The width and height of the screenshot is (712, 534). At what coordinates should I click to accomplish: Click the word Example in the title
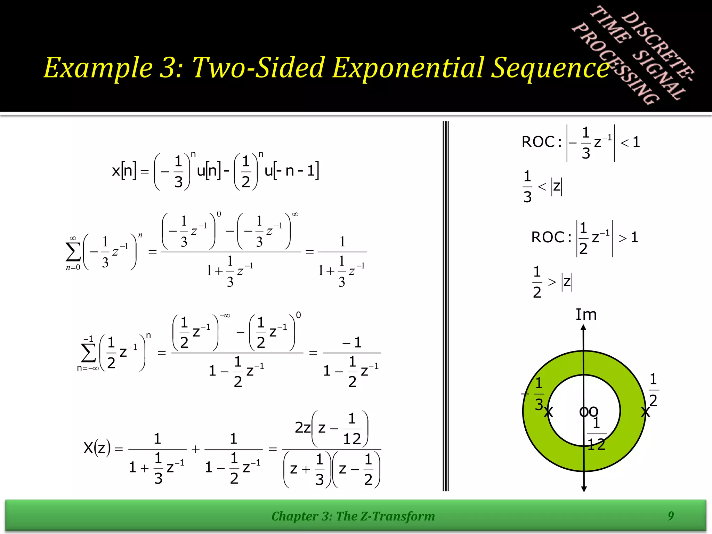click(98, 68)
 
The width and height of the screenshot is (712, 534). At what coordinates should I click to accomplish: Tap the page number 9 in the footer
click(671, 516)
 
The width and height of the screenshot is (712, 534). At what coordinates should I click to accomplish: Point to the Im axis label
click(586, 315)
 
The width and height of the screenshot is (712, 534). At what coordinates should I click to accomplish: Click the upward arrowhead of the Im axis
click(584, 327)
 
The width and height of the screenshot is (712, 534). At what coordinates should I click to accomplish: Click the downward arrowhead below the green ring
click(584, 489)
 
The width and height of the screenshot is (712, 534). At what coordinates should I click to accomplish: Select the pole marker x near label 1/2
click(645, 412)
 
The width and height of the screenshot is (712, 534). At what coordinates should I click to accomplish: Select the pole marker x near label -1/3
click(548, 412)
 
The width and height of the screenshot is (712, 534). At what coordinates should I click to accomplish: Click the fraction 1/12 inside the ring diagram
click(597, 434)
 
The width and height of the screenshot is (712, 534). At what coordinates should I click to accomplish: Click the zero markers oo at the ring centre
click(589, 412)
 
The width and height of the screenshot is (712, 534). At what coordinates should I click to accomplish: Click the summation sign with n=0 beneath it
click(73, 252)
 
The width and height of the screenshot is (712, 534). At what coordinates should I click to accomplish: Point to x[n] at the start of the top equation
click(124, 171)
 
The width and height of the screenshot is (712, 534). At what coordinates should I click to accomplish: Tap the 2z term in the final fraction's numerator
click(302, 428)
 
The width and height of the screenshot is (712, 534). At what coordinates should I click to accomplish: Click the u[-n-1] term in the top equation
click(291, 171)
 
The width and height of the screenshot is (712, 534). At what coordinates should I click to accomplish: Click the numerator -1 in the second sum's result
click(352, 343)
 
